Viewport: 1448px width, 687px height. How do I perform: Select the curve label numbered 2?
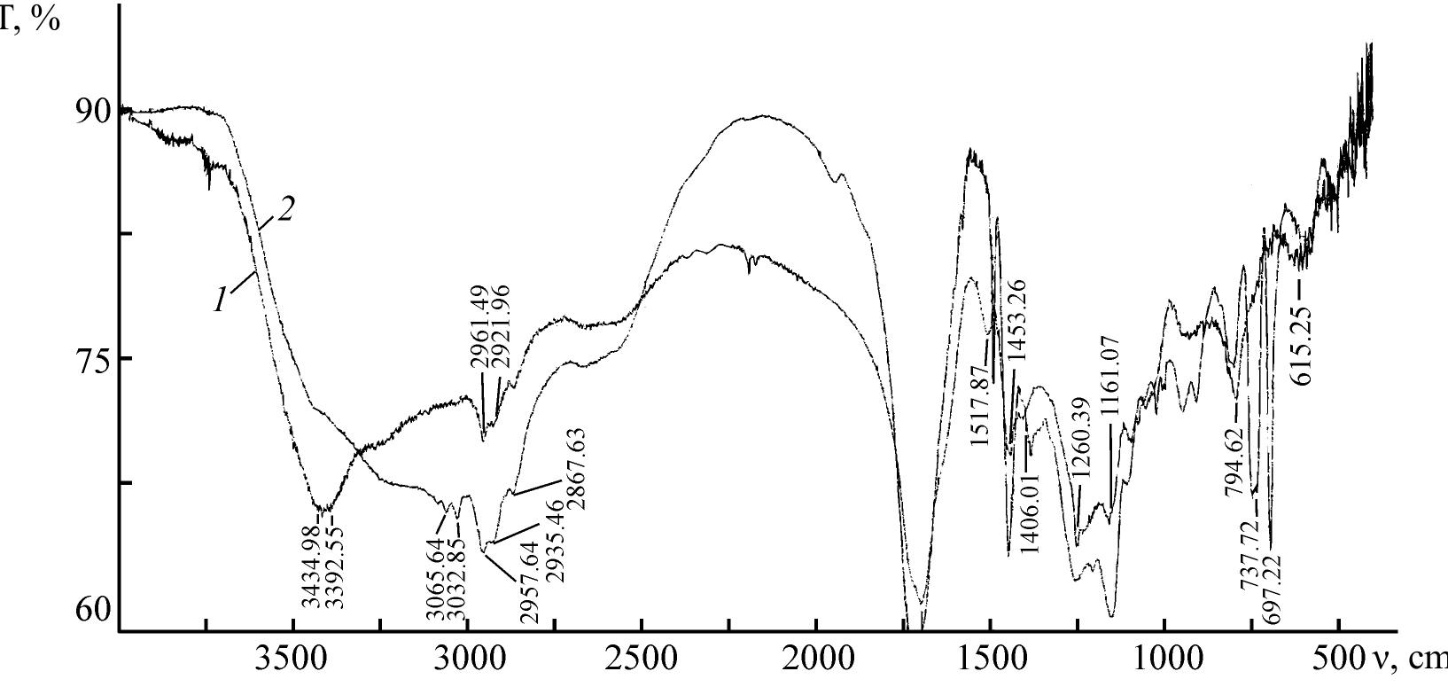(285, 210)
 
